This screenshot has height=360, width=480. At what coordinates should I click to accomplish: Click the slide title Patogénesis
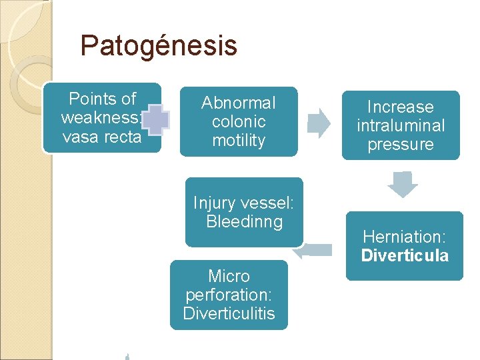coord(158,46)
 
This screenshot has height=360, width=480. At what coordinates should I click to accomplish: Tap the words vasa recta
coord(102,137)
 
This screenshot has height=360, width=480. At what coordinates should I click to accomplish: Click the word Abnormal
coord(238,103)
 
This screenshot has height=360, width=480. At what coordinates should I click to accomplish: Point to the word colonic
coord(238,122)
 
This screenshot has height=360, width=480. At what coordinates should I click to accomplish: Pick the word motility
coord(238,141)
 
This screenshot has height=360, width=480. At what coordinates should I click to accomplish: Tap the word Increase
coord(400,107)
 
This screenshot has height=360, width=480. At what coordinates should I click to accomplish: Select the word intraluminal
coord(400,126)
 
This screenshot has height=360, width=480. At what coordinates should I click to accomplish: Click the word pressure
coord(400,145)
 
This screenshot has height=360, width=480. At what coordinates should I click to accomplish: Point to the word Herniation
coord(405,236)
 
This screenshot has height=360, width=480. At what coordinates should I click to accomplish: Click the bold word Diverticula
coord(405,255)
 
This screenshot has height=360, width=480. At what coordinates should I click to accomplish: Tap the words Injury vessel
coord(244,203)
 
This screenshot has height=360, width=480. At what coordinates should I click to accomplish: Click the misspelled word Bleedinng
coord(244,221)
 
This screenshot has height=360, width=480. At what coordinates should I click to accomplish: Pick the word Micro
coord(229,276)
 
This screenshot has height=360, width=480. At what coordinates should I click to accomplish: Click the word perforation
coord(229,295)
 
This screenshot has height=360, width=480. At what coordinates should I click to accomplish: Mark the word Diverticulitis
coord(229,313)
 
